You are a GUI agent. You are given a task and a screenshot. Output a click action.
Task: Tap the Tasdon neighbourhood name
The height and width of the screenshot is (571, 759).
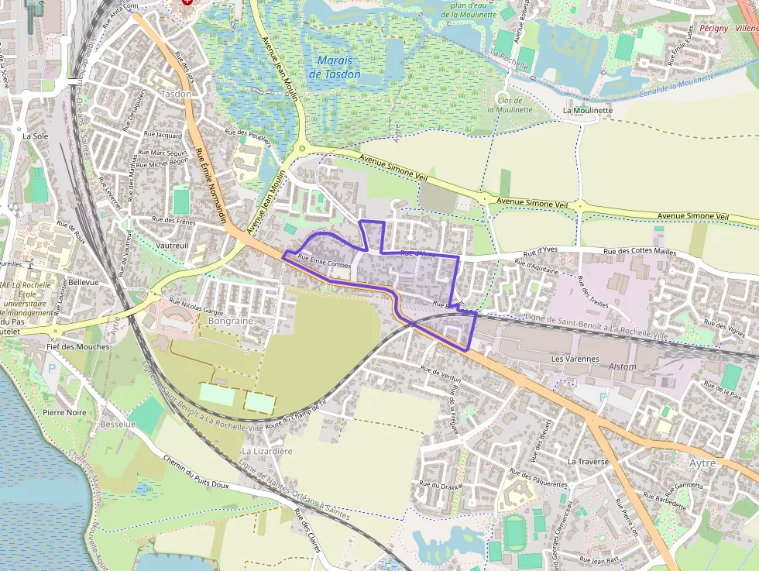175,94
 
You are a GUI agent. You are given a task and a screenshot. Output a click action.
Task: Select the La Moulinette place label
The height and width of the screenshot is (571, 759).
588,111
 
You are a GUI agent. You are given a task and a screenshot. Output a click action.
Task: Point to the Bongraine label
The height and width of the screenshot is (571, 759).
231,320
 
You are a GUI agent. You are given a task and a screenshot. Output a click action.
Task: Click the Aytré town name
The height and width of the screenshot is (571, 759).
702,463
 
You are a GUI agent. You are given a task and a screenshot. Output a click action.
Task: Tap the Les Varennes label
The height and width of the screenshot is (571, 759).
575,359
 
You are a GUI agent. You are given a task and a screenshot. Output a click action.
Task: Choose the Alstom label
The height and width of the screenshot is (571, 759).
623,366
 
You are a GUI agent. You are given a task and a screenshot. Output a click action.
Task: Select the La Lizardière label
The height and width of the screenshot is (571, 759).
267,451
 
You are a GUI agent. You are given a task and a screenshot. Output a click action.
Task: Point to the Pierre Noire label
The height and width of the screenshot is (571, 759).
65,413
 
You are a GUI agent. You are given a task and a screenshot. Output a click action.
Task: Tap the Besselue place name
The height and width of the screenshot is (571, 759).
118,425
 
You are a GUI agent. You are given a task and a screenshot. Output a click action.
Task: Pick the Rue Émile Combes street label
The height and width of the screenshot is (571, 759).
325,264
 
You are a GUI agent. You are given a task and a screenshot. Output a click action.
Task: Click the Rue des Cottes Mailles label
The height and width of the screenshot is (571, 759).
640,252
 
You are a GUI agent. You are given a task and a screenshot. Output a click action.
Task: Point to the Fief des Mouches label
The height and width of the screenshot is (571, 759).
78,346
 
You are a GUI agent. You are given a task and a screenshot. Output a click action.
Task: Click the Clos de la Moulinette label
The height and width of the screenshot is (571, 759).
514,105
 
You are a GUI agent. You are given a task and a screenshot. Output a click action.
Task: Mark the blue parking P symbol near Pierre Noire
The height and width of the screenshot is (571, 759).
52,370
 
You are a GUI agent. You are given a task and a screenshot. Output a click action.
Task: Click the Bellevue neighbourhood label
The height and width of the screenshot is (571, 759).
84,283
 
